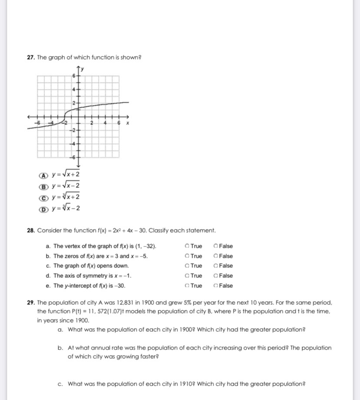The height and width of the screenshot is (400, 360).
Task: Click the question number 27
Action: pyautogui.click(x=30, y=57)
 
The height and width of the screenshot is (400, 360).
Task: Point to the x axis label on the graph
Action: pyautogui.click(x=127, y=123)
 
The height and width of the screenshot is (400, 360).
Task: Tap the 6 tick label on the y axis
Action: pyautogui.click(x=74, y=76)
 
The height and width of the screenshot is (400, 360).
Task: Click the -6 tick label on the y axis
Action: pyautogui.click(x=73, y=157)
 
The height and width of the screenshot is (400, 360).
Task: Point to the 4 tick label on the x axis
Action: pyautogui.click(x=106, y=123)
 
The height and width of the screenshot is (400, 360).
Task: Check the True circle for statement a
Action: pyautogui.click(x=187, y=246)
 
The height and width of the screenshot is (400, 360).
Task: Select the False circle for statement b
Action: pyautogui.click(x=216, y=256)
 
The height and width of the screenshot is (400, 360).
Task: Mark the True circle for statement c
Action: pyautogui.click(x=187, y=266)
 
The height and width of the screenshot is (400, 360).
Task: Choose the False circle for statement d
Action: pyautogui.click(x=216, y=276)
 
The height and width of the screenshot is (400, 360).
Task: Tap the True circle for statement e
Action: pyautogui.click(x=187, y=286)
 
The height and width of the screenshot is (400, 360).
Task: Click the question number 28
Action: pyautogui.click(x=30, y=230)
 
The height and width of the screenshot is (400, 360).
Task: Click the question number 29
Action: pyautogui.click(x=30, y=303)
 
